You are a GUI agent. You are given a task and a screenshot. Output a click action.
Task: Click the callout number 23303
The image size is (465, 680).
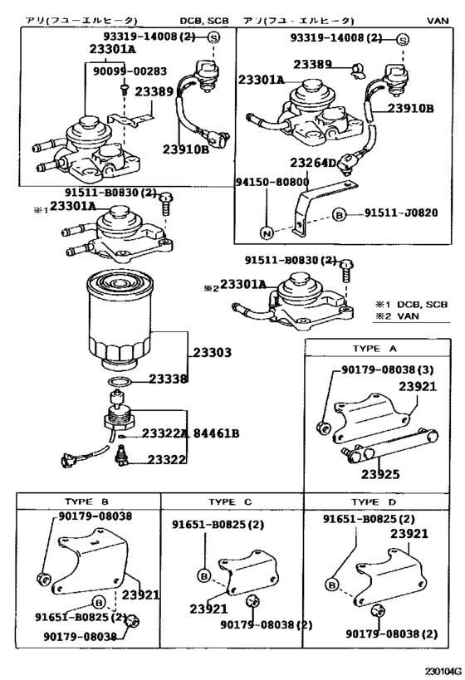coord(213,353)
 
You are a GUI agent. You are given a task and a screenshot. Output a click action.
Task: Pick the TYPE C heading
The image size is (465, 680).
coord(230,502)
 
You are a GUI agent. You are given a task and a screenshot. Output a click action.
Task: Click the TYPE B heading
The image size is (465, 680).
coord(87,502)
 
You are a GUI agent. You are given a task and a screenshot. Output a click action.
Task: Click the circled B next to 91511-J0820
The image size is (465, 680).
coord(339,214)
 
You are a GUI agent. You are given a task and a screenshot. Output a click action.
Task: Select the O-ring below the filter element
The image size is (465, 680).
coord(119,381)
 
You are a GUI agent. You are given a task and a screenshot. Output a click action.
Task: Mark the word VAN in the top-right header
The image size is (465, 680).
coord(437,19)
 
